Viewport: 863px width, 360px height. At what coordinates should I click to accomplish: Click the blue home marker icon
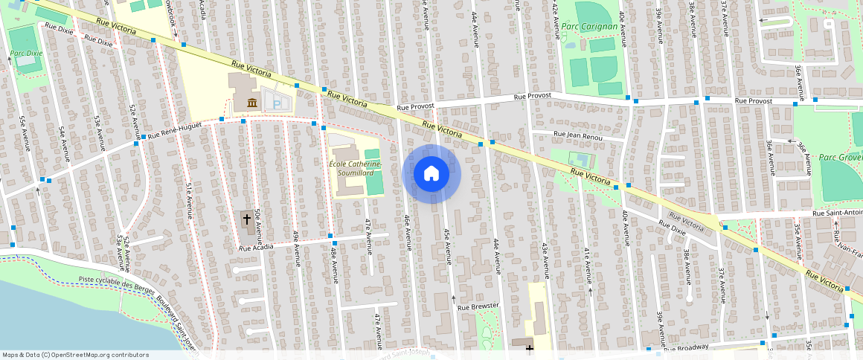click(431, 174)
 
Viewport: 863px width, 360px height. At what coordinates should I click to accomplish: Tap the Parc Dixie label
click(26, 54)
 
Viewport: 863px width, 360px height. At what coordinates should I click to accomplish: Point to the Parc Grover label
click(840, 157)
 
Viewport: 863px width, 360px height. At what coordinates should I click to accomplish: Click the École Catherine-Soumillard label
click(355, 168)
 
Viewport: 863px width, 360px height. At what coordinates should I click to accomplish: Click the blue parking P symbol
click(277, 106)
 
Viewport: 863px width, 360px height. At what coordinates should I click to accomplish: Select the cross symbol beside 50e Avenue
click(247, 219)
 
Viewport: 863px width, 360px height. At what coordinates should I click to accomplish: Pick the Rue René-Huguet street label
click(175, 131)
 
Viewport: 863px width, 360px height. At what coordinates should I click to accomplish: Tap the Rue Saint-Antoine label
click(837, 213)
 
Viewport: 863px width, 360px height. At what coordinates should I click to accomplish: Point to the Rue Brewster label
click(478, 306)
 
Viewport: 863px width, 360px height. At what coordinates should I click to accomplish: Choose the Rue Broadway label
click(686, 348)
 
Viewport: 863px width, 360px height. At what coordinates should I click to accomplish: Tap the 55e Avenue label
click(25, 133)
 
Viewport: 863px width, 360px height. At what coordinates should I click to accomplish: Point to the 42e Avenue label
click(555, 20)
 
